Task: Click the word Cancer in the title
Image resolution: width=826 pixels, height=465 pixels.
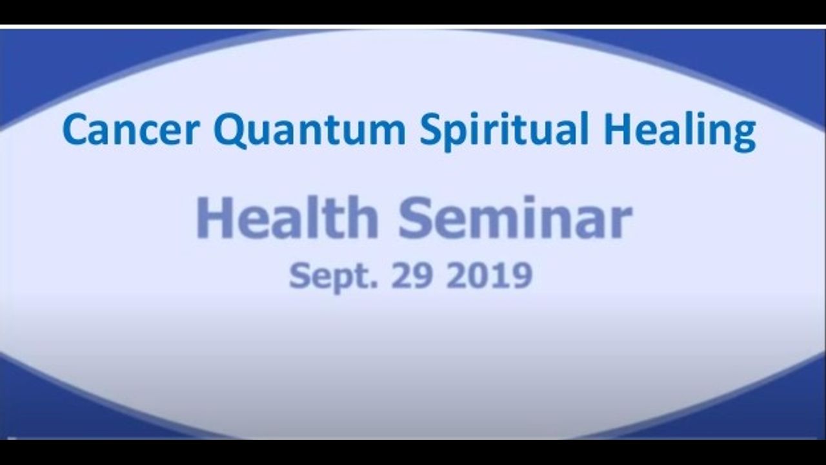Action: [131, 129]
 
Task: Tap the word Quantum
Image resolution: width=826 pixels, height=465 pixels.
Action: [309, 130]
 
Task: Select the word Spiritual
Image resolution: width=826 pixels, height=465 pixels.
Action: [504, 131]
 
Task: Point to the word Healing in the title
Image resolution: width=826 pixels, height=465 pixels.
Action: [680, 131]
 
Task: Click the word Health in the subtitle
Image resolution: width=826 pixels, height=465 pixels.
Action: [288, 218]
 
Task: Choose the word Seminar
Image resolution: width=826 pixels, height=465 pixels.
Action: [516, 218]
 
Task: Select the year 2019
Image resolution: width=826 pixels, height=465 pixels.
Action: [489, 275]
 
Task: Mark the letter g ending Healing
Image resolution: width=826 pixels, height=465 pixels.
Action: [744, 136]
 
